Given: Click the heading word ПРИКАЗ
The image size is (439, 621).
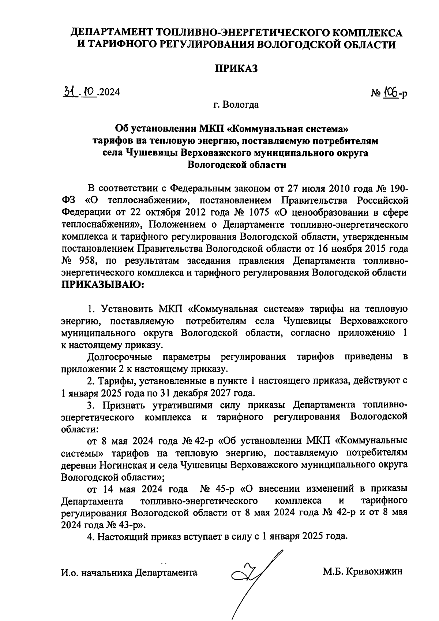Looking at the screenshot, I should point(236,69).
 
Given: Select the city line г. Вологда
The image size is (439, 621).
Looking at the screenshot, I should point(236,105).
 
